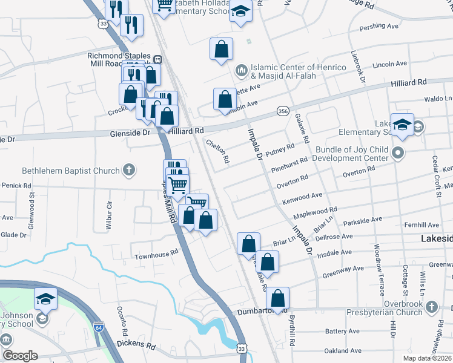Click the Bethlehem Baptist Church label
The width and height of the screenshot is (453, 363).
(x=70, y=171)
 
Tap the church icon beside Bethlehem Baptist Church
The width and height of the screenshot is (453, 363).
(x=128, y=171)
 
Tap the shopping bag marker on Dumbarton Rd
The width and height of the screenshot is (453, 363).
(x=277, y=298)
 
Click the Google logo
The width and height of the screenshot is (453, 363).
(x=21, y=356)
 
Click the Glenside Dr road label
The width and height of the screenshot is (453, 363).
(x=130, y=131)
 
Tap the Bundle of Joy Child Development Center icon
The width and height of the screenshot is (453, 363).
(x=398, y=152)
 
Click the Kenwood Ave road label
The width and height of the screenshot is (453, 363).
(x=303, y=196)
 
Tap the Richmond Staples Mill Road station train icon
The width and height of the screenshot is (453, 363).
(x=157, y=59)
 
